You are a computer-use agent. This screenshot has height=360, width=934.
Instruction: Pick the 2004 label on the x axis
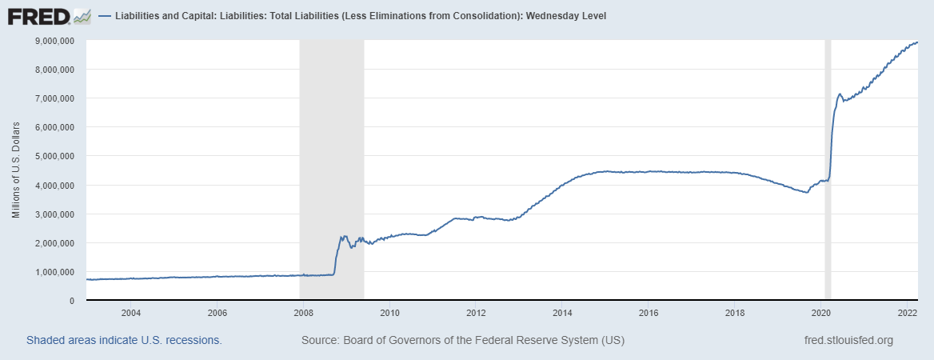tap(130, 313)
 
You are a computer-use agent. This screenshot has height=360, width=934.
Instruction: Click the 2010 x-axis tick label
tap(389, 313)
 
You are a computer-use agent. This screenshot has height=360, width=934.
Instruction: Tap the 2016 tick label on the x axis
tap(649, 313)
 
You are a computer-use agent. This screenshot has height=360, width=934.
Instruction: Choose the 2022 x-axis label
tap(907, 313)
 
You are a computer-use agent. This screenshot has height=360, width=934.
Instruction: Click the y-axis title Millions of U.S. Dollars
tap(16, 170)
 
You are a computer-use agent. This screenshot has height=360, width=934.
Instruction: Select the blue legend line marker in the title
tap(106, 16)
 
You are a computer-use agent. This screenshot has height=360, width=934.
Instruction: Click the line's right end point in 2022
tap(917, 42)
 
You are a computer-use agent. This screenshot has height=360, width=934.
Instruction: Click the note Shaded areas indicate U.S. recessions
tap(124, 340)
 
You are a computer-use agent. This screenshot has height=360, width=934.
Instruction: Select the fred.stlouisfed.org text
tap(848, 340)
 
